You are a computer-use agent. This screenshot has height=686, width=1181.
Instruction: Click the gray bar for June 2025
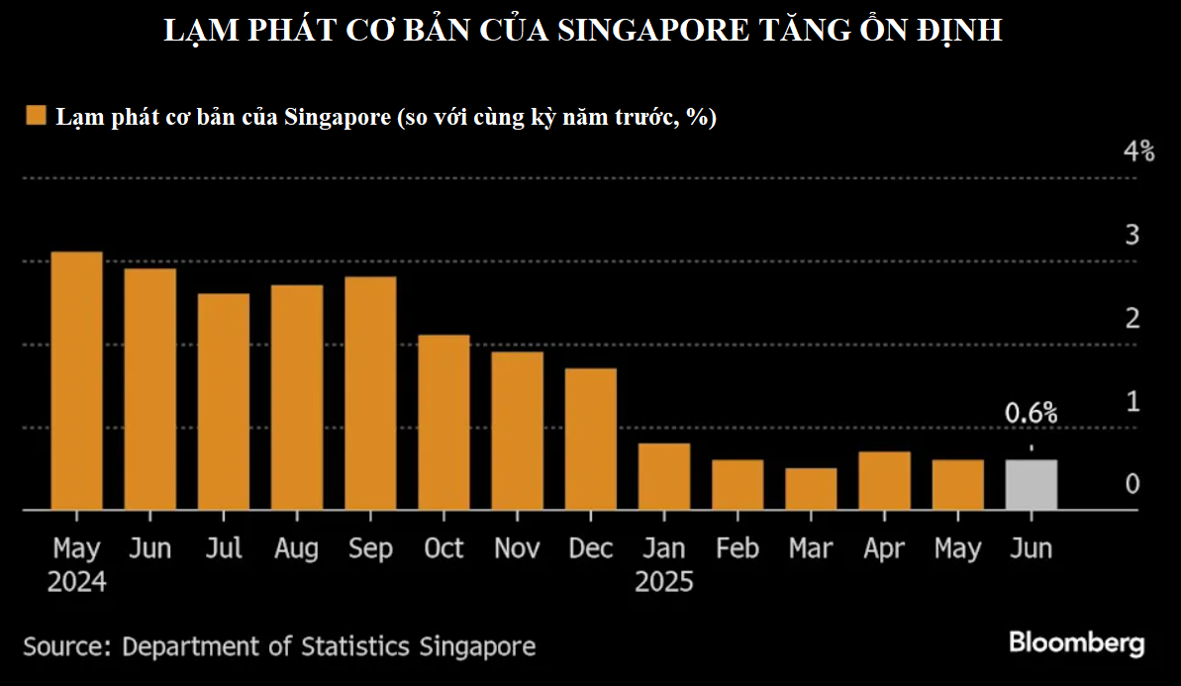(1031, 485)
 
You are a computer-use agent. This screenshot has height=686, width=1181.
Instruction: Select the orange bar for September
(370, 393)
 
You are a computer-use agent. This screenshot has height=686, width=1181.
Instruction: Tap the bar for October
(443, 423)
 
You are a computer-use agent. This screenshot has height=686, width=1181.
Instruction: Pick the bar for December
(591, 440)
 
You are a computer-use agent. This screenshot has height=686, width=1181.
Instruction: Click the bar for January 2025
(664, 476)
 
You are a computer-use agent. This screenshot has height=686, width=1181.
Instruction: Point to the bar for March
(811, 489)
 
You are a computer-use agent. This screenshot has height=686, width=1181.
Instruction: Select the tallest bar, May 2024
(77, 381)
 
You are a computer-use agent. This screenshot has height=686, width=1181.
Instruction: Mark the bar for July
(224, 402)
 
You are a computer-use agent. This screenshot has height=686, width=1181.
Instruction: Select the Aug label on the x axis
(296, 548)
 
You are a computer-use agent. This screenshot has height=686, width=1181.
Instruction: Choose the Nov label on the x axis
(517, 548)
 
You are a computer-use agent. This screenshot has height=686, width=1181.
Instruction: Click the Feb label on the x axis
(738, 548)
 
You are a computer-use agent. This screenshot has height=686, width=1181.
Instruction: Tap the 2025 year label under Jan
(664, 581)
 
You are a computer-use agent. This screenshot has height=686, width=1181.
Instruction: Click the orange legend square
(37, 117)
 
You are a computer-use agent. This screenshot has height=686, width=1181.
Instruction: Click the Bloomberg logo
(1076, 642)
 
